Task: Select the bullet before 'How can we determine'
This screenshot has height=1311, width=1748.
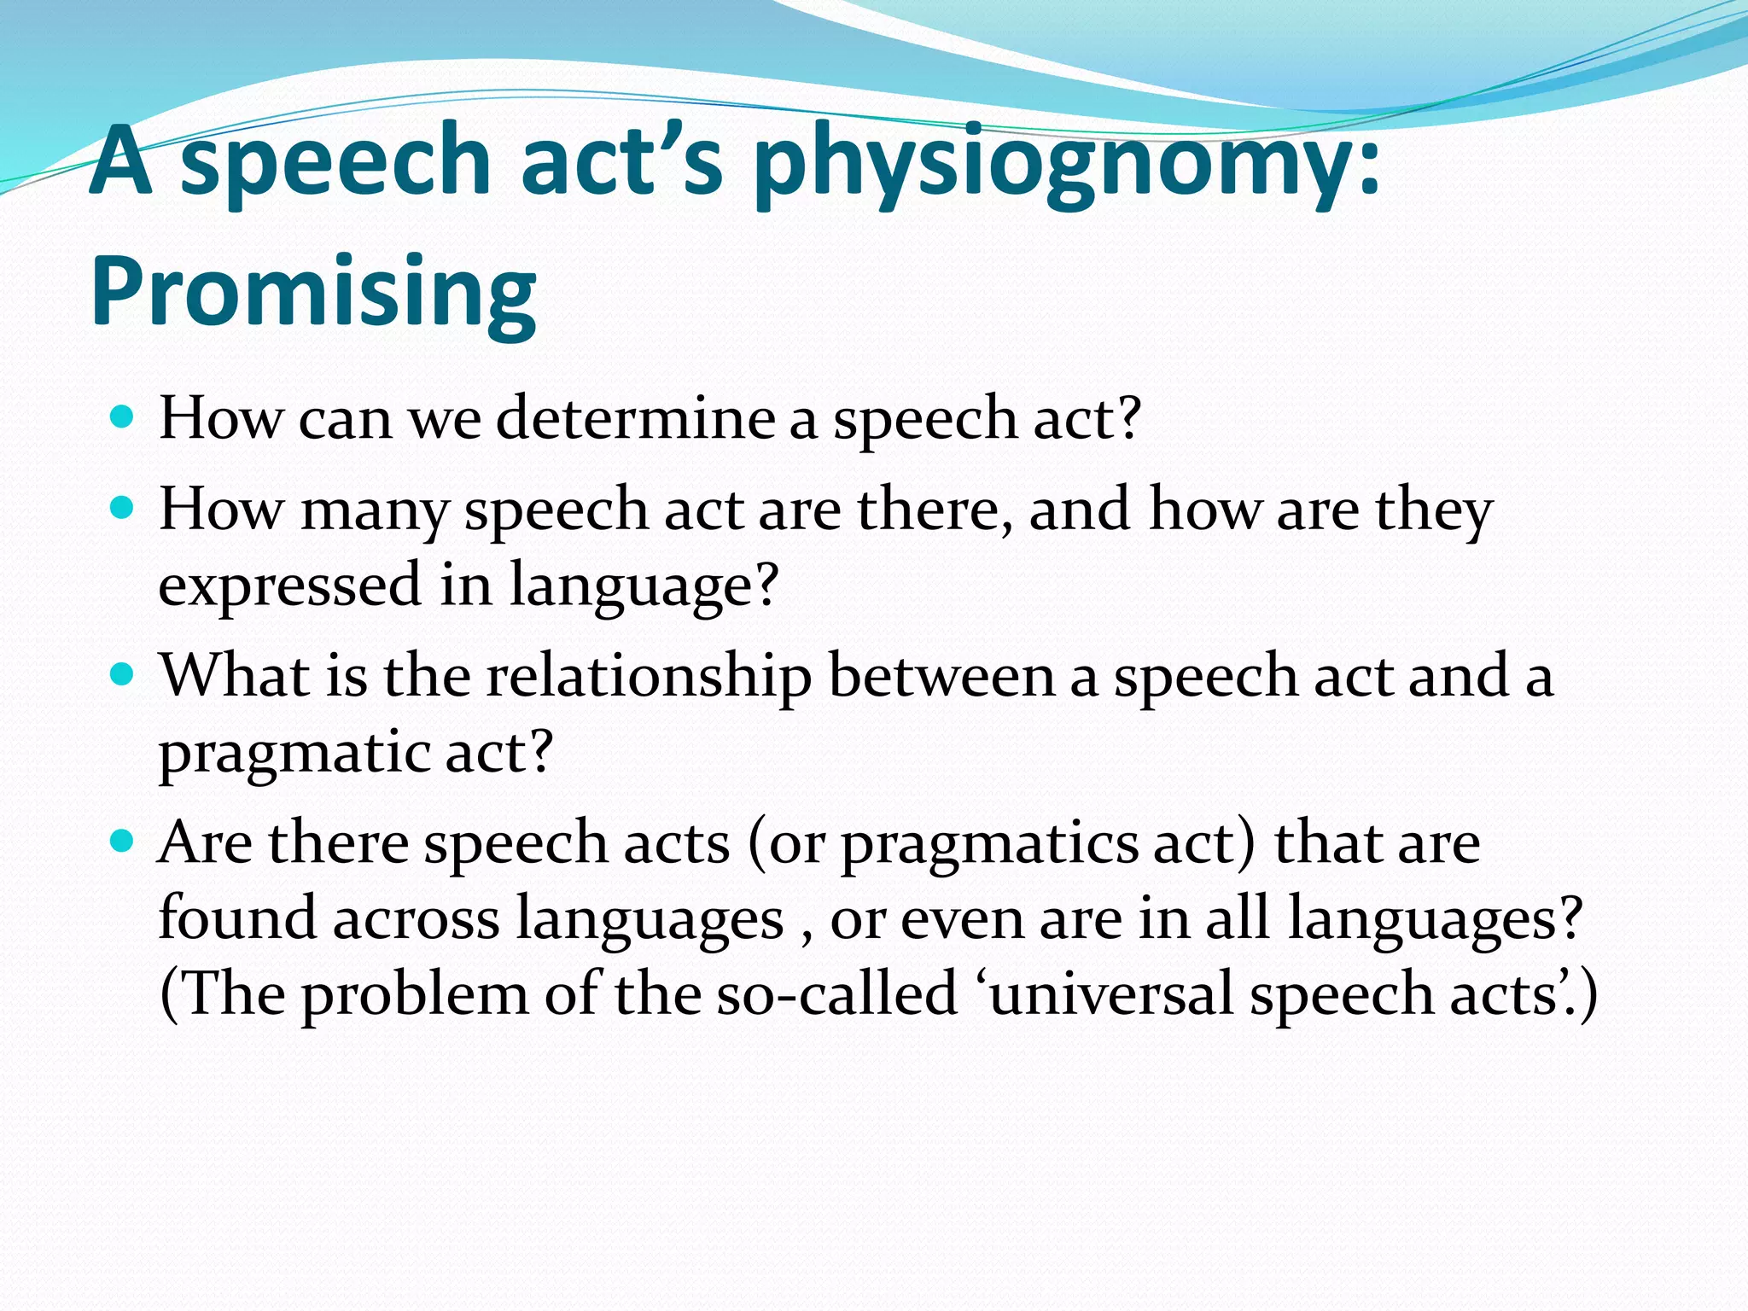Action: point(123,417)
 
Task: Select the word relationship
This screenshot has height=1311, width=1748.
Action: point(649,676)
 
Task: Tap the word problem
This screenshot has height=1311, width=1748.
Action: point(415,995)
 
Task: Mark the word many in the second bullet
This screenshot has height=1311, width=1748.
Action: point(374,510)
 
